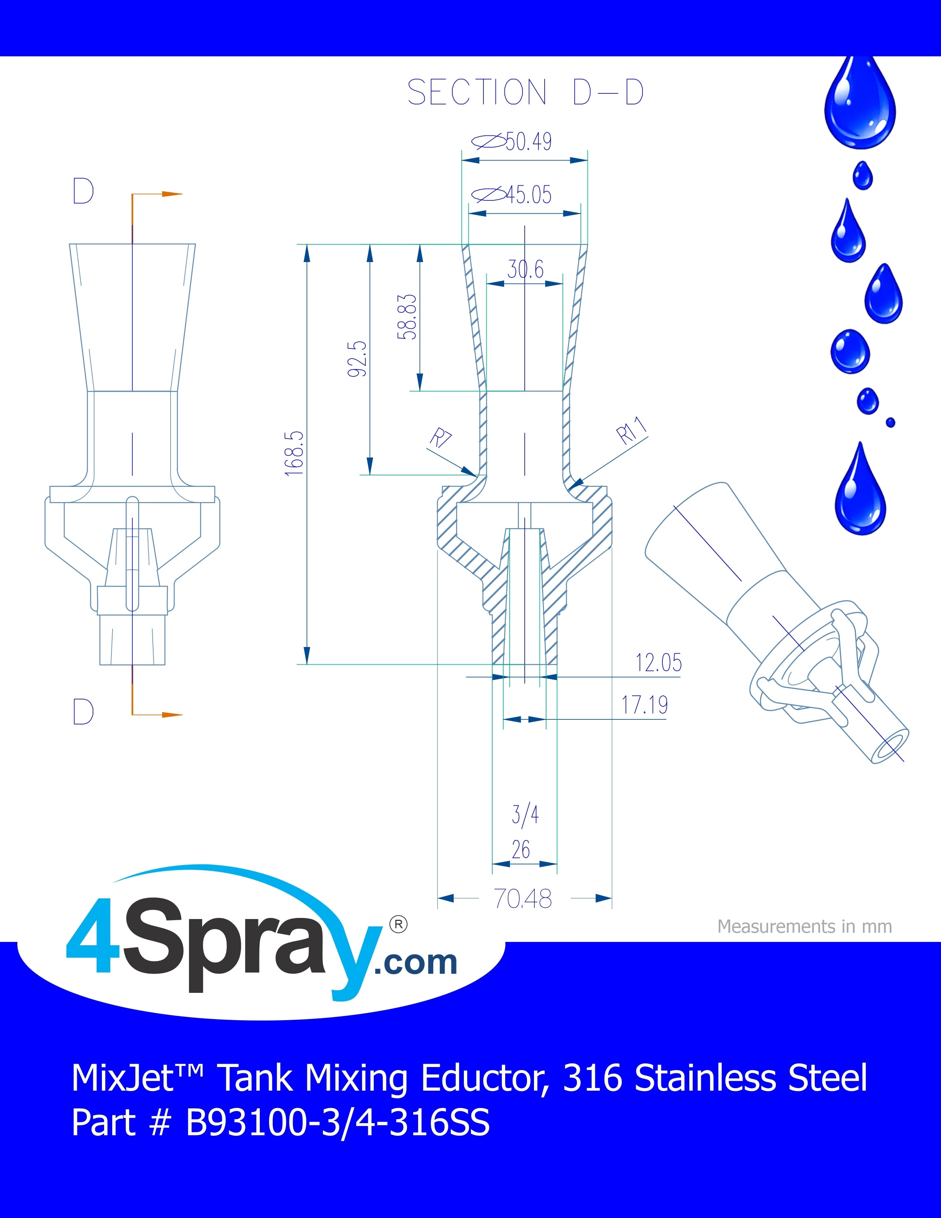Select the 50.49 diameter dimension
[x=512, y=142]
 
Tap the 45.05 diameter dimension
[x=512, y=195]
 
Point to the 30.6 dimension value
[x=525, y=269]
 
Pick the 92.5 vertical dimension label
[x=357, y=359]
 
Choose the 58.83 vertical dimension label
[x=407, y=316]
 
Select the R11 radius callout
[x=632, y=430]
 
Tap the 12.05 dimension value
[x=658, y=663]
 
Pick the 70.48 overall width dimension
[x=523, y=898]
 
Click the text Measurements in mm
[x=804, y=926]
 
